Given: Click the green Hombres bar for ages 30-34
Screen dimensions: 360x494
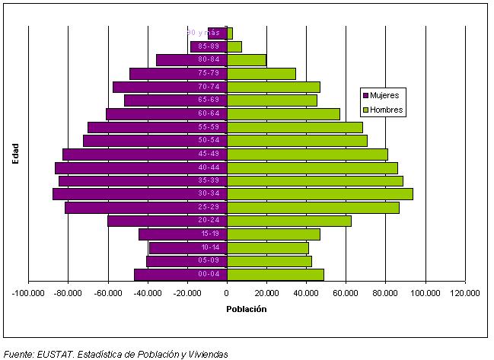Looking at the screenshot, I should (320, 194).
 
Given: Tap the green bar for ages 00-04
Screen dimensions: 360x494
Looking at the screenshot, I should (276, 275).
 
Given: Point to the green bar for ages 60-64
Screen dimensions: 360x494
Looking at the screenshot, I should (283, 114).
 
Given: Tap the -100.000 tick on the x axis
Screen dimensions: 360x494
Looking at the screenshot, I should (28, 292).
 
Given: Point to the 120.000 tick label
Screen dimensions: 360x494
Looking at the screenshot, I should (464, 292).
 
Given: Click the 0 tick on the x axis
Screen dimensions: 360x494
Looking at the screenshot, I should (227, 292).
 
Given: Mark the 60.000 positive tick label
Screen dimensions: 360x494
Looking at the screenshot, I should (346, 292).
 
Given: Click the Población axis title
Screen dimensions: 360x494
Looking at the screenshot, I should (247, 309).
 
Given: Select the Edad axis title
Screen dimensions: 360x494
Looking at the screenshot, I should (15, 152).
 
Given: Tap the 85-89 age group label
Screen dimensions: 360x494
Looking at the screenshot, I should (209, 46).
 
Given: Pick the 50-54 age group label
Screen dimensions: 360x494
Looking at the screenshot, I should (209, 141).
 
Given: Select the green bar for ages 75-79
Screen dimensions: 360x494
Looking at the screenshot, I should (261, 74).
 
